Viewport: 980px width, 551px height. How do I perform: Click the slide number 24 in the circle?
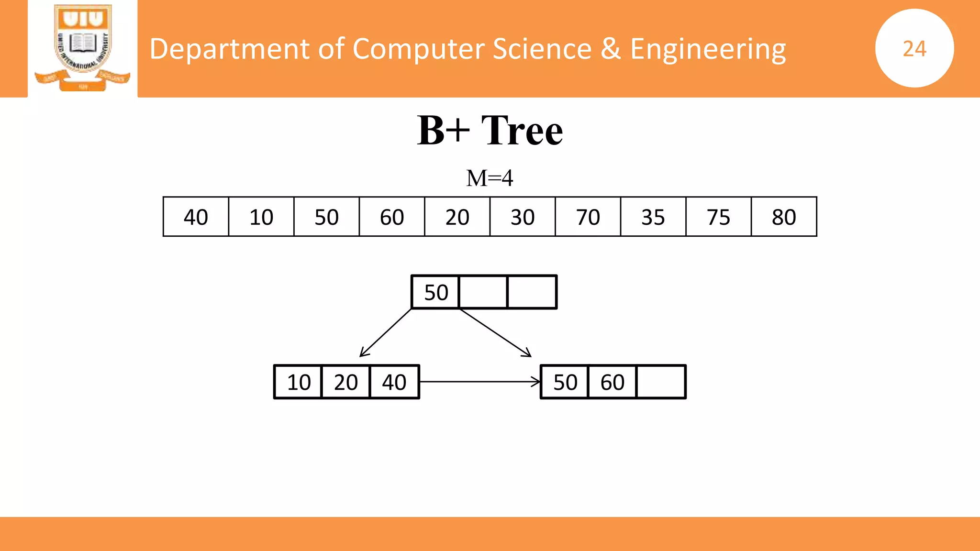coord(914,49)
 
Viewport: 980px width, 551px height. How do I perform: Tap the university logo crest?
coord(83,47)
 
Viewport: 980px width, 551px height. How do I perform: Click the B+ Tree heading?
coord(490,130)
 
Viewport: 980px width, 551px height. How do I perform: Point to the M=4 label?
coord(490,178)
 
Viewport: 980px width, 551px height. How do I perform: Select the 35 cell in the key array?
coord(653,217)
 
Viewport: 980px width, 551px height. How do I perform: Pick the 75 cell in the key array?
coord(718,217)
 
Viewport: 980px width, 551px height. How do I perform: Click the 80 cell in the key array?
coord(784,217)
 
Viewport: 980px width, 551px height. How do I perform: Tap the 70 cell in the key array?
coord(588,217)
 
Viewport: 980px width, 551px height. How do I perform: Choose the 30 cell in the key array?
coord(523,217)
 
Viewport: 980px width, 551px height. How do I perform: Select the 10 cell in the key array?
coord(261,217)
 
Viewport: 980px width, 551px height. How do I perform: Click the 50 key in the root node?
coord(436,292)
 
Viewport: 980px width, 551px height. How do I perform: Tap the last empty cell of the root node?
coord(532,292)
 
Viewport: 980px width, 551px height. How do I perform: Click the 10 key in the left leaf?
coord(299,382)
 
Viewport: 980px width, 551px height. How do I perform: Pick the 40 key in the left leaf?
coord(394,382)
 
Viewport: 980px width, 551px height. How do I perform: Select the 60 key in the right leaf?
coord(612,382)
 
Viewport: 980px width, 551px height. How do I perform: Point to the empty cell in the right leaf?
coord(661,382)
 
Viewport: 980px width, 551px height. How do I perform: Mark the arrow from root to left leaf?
coord(386,332)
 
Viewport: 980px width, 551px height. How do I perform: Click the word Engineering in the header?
coord(708,49)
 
